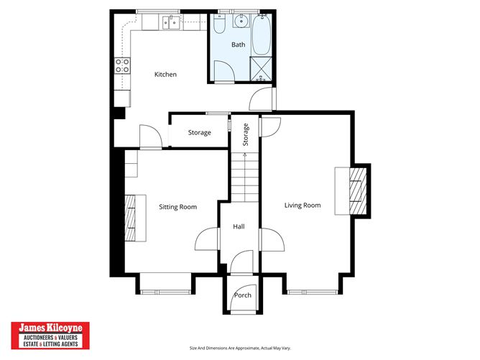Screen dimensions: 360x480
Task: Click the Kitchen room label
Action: [165, 75]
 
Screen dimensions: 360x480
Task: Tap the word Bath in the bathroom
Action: [238, 45]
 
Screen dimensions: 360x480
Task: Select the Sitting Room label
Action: [177, 207]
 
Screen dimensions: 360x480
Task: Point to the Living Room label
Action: [302, 206]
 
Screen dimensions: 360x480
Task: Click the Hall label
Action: [239, 226]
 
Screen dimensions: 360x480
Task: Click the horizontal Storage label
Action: [199, 133]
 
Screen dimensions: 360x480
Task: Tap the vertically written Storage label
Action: [245, 135]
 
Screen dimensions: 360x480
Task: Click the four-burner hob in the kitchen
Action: [123, 66]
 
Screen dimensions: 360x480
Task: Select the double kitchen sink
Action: [171, 23]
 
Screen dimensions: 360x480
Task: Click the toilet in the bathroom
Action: [220, 24]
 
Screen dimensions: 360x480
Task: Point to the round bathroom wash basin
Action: [241, 21]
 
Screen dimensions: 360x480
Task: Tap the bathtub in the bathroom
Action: [261, 34]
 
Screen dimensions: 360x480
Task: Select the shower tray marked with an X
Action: [260, 68]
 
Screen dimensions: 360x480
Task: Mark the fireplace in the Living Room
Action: [354, 190]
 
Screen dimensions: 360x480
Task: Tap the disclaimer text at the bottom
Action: [239, 348]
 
